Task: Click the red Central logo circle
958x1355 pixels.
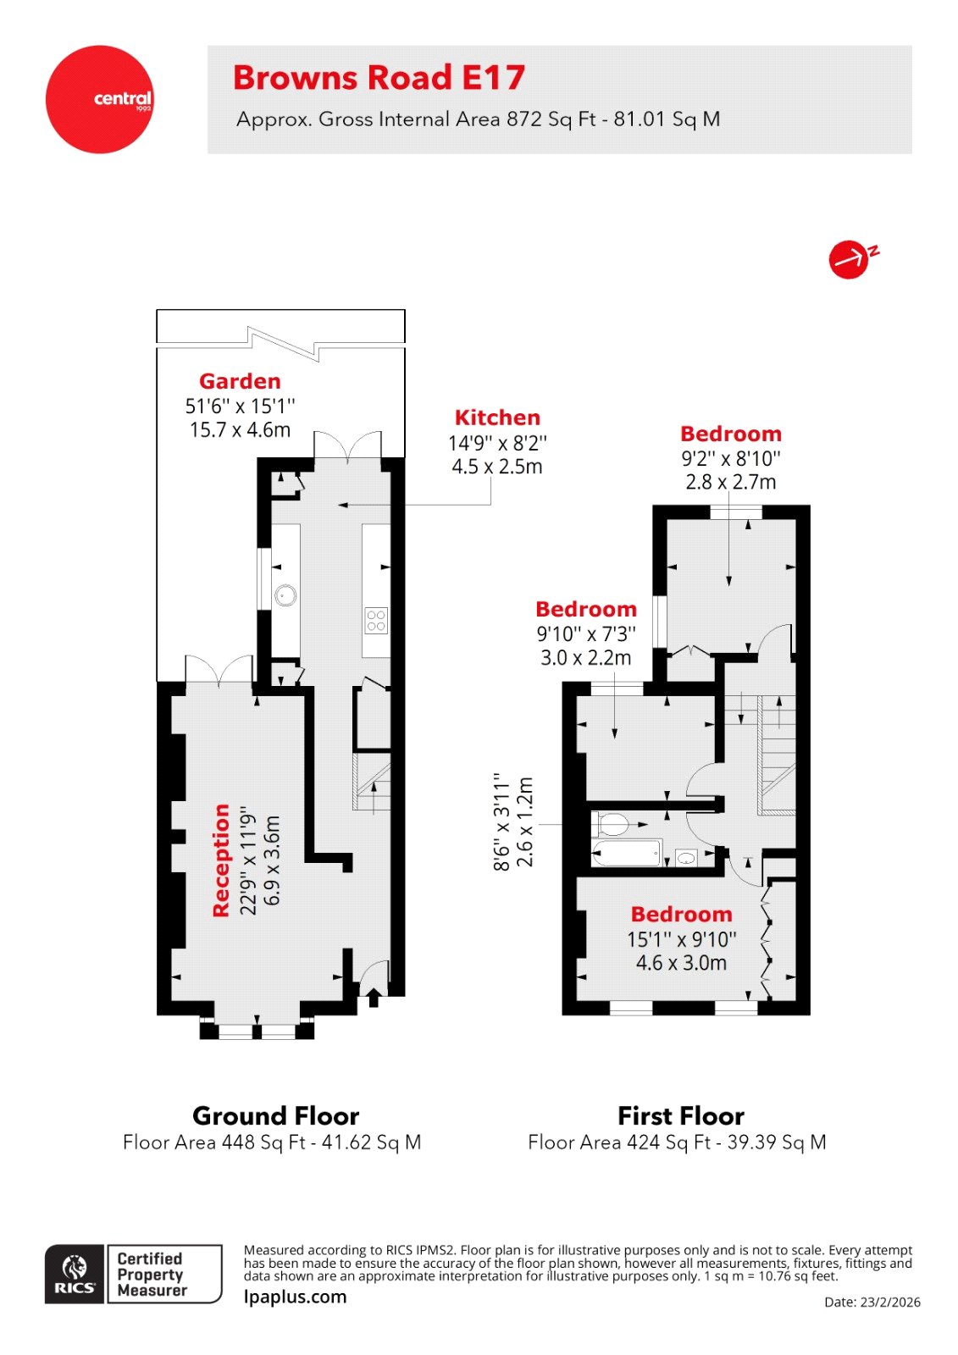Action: [100, 99]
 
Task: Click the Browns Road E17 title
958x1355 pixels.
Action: [379, 78]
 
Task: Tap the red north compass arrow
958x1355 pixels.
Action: [850, 258]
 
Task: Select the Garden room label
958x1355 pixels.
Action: [240, 381]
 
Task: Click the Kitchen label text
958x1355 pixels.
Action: [497, 418]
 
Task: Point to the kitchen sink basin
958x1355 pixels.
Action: [286, 595]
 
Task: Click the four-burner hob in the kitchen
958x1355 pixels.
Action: [376, 621]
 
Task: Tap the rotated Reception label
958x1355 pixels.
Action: [221, 860]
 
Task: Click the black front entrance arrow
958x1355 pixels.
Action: [374, 998]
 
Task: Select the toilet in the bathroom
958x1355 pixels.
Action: [612, 823]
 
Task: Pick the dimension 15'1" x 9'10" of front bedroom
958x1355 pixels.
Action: [682, 939]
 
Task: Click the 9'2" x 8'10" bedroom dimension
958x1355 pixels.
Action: [731, 459]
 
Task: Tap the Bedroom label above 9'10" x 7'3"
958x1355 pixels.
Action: [586, 609]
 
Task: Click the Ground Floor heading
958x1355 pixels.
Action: [275, 1115]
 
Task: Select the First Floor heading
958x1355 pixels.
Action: [681, 1115]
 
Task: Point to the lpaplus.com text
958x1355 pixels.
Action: [295, 1297]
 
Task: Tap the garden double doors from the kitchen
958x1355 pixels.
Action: [348, 445]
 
